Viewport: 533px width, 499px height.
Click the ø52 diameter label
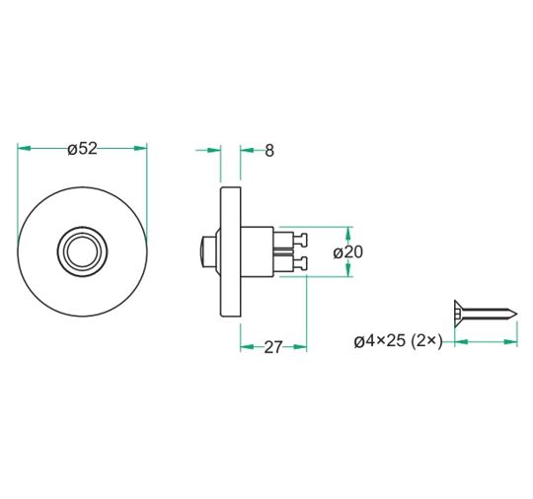point(82,149)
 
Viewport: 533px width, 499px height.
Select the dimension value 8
point(269,150)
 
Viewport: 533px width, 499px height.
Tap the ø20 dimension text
point(348,251)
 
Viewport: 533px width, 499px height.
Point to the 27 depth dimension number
point(273,347)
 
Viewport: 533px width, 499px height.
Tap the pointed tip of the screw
point(514,315)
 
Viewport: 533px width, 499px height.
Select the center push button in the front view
point(82,250)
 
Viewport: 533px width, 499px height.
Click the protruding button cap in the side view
point(208,251)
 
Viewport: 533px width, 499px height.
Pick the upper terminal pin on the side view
point(300,239)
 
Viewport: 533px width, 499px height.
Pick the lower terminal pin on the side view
point(300,263)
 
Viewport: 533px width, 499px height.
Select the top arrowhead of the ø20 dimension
point(349,232)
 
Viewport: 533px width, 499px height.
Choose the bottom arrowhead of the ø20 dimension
point(349,271)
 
